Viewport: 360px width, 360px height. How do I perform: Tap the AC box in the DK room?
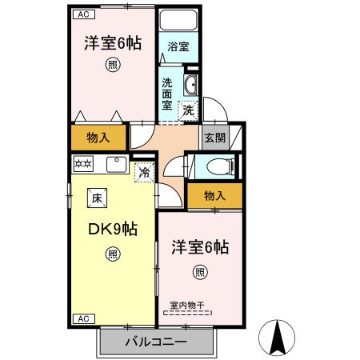[82, 318]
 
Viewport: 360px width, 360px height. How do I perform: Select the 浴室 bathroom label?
[178, 47]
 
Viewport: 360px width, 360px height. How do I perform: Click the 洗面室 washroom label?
[167, 94]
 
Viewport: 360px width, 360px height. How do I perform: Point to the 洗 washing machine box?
[189, 111]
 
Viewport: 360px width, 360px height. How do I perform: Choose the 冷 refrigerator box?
[145, 171]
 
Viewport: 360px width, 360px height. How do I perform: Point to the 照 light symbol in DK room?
[113, 254]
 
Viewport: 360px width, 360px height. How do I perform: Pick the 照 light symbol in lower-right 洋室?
[199, 272]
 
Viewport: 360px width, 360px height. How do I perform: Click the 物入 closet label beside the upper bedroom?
[98, 138]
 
